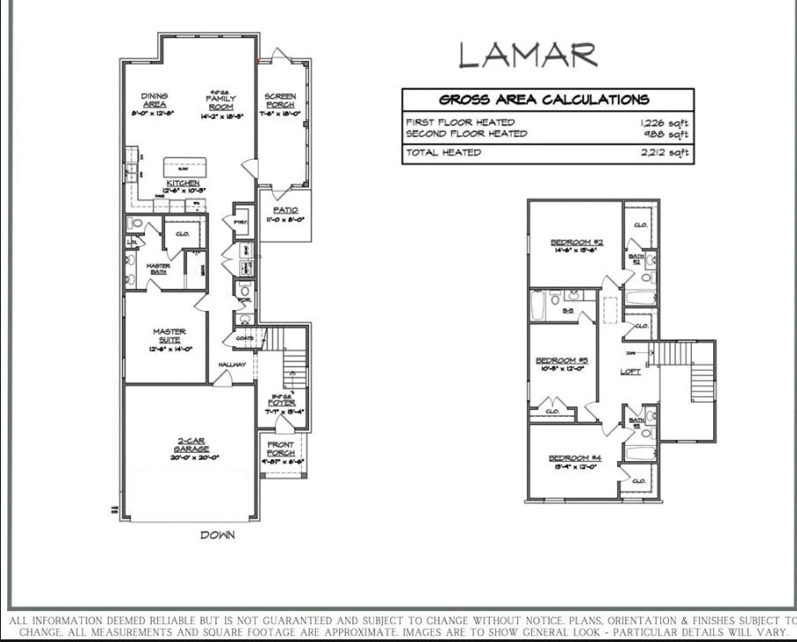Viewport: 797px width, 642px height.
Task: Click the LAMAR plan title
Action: point(527,55)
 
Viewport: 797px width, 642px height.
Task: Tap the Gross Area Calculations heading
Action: point(545,100)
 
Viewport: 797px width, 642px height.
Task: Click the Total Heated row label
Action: point(443,153)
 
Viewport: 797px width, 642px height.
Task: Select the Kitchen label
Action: point(183,183)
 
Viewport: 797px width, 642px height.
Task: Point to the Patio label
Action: point(284,210)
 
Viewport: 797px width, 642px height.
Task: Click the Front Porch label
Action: point(281,449)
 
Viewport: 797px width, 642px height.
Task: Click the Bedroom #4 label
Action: point(575,457)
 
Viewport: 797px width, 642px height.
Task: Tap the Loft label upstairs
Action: point(630,372)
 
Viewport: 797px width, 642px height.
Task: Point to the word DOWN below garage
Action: point(217,535)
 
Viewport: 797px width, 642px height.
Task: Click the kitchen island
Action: point(184,167)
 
